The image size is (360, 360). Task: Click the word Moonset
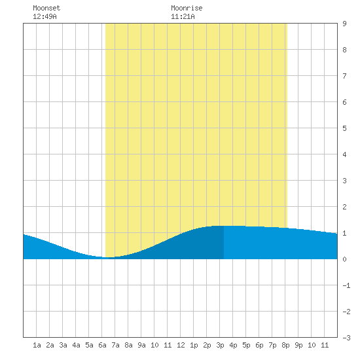46,8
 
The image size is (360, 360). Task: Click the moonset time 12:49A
45,16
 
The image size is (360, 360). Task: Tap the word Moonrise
187,8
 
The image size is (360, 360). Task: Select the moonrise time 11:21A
183,16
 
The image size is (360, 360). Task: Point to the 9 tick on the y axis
344,24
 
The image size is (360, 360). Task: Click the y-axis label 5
344,128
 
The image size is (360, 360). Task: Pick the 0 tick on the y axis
344,259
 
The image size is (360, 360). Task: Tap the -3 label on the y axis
346,338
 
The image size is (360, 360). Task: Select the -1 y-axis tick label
346,285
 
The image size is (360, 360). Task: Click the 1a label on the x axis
37,345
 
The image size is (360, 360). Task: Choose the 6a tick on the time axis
102,345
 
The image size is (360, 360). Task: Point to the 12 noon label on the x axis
181,345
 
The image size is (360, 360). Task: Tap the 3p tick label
220,345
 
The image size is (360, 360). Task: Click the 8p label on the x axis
285,345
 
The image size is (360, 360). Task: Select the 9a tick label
141,345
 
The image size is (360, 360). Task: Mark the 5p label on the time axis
246,345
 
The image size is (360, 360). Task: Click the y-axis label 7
344,76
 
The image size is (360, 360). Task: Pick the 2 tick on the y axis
344,207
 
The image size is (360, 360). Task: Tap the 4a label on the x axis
76,345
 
